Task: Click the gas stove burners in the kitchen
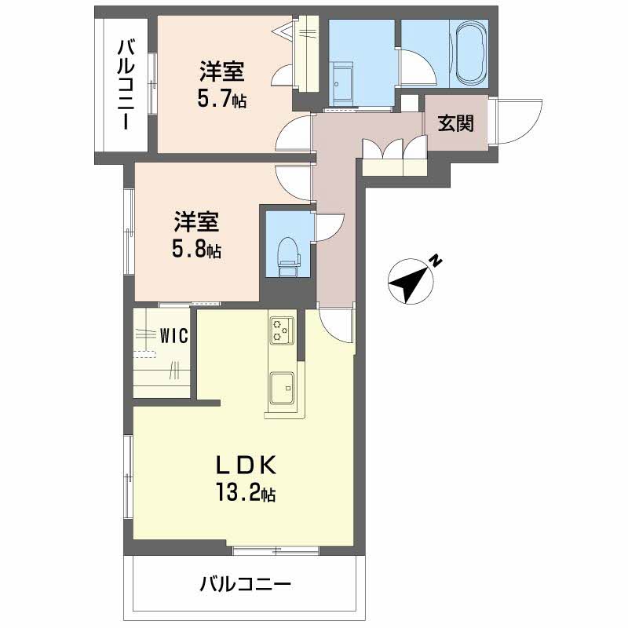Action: pos(281,329)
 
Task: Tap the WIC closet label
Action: pos(173,335)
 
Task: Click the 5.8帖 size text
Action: pos(196,250)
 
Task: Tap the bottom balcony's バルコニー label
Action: pos(245,584)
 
